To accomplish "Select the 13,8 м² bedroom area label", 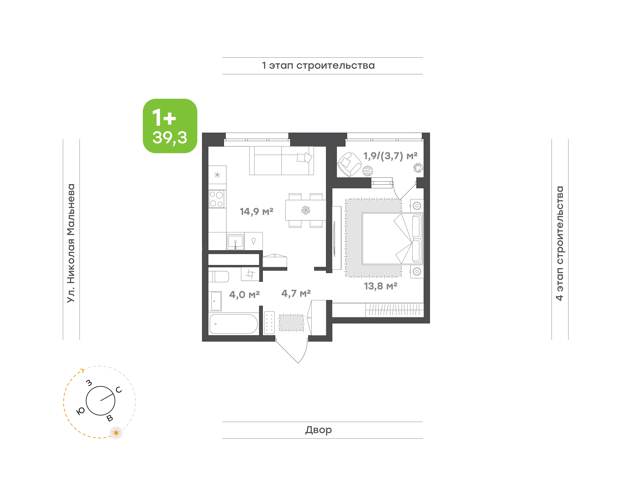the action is click(381, 286).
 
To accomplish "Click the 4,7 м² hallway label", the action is click(296, 293).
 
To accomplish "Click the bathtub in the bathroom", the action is click(233, 324).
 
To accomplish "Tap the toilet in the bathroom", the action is click(219, 276).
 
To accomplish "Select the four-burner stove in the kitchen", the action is click(216, 199).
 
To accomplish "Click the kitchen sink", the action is click(235, 241).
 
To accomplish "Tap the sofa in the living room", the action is click(281, 161).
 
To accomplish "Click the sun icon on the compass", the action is click(116, 433).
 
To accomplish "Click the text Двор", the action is click(318, 430).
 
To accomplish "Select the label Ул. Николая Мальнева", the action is click(71, 243).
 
